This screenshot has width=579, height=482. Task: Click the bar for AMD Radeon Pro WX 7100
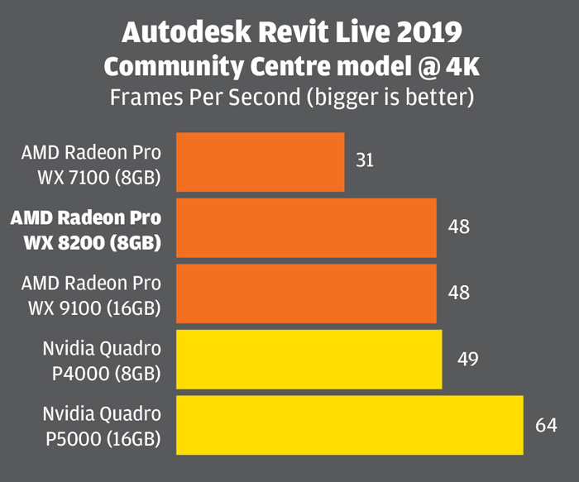point(260,161)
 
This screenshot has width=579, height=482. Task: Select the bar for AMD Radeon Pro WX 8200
point(306,227)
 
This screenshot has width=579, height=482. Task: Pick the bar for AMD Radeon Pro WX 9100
point(306,293)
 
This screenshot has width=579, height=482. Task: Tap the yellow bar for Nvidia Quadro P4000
point(309,359)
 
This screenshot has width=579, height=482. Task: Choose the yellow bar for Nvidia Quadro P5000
point(349,424)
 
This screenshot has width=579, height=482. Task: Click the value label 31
point(365,160)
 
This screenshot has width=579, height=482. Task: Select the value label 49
point(467,360)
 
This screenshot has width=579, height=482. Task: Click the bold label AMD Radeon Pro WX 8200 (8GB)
point(86,230)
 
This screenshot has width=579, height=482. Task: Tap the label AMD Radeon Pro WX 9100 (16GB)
point(91,295)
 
